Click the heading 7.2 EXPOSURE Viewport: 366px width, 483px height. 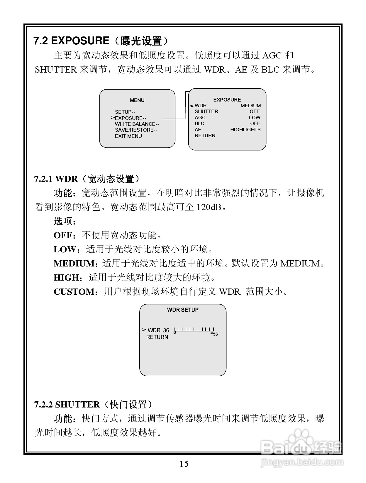pyautogui.click(x=71, y=41)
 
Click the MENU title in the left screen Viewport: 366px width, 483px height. pyautogui.click(x=137, y=100)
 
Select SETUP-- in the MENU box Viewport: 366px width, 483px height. pyautogui.click(x=125, y=112)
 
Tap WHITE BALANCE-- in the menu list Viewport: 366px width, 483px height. pyautogui.click(x=137, y=124)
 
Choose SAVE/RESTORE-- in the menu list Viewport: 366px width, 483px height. pyautogui.click(x=136, y=130)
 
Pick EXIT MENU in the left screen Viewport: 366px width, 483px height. pyautogui.click(x=128, y=136)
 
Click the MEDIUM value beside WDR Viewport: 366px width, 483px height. pyautogui.click(x=250, y=105)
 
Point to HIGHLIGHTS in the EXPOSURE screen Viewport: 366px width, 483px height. pyautogui.click(x=245, y=130)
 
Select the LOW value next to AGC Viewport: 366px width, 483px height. pyautogui.click(x=254, y=118)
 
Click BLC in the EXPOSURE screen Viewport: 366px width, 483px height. pyautogui.click(x=199, y=123)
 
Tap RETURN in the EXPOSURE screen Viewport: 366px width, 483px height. pyautogui.click(x=205, y=135)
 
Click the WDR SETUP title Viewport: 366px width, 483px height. pyautogui.click(x=183, y=310)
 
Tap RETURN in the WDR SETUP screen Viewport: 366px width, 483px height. pyautogui.click(x=157, y=337)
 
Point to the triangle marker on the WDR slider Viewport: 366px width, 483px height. pyautogui.click(x=212, y=333)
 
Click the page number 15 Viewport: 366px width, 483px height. pyautogui.click(x=184, y=464)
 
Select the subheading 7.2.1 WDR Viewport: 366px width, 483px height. pyautogui.click(x=56, y=179)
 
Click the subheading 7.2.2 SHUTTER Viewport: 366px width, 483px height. pyautogui.click(x=67, y=405)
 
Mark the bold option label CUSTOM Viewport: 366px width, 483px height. pyautogui.click(x=74, y=292)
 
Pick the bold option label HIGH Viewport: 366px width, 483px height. pyautogui.click(x=66, y=277)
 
